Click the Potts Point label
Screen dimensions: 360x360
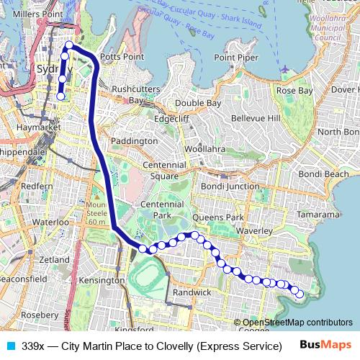119,55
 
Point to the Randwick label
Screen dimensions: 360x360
192,292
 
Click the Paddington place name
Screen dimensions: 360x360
136,141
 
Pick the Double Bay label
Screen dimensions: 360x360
198,103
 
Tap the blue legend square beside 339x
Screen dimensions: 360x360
9,346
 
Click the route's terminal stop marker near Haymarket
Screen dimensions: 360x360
61,96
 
